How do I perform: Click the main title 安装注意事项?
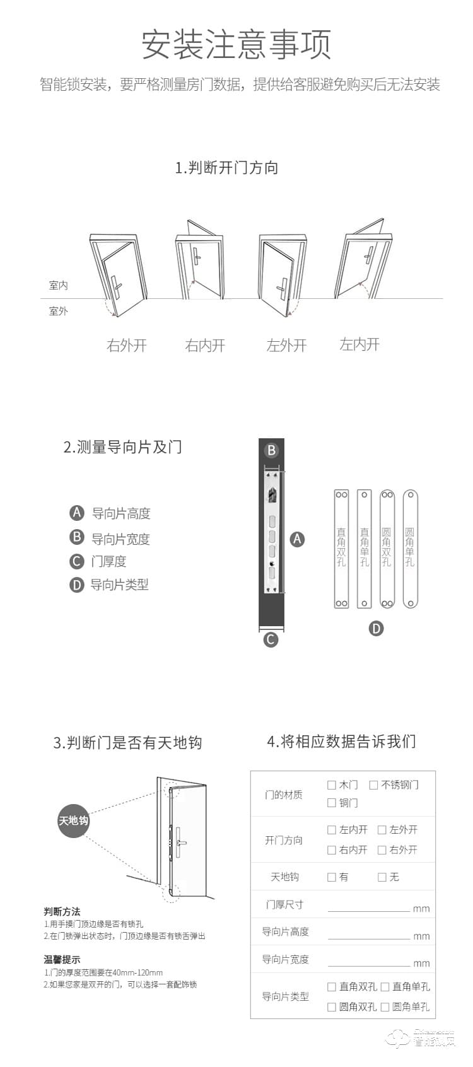click(236, 44)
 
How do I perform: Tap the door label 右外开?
click(126, 346)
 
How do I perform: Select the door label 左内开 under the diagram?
click(359, 344)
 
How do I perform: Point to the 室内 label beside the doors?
click(58, 286)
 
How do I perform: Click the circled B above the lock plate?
click(271, 450)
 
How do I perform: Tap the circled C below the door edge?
click(271, 639)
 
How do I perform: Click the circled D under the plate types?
click(376, 628)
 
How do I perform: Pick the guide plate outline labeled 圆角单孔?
click(410, 549)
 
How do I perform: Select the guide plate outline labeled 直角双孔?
click(341, 549)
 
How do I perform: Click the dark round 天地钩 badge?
click(73, 820)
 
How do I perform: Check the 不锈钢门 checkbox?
click(373, 785)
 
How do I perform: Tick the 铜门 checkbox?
click(332, 803)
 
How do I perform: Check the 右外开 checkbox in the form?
click(382, 850)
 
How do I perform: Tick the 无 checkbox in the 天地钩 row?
click(382, 877)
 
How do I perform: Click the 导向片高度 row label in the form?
click(285, 932)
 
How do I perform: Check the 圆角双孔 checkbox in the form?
click(332, 1007)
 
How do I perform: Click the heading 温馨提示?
click(62, 960)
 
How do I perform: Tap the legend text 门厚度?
click(108, 561)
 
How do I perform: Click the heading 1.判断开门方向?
click(226, 168)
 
